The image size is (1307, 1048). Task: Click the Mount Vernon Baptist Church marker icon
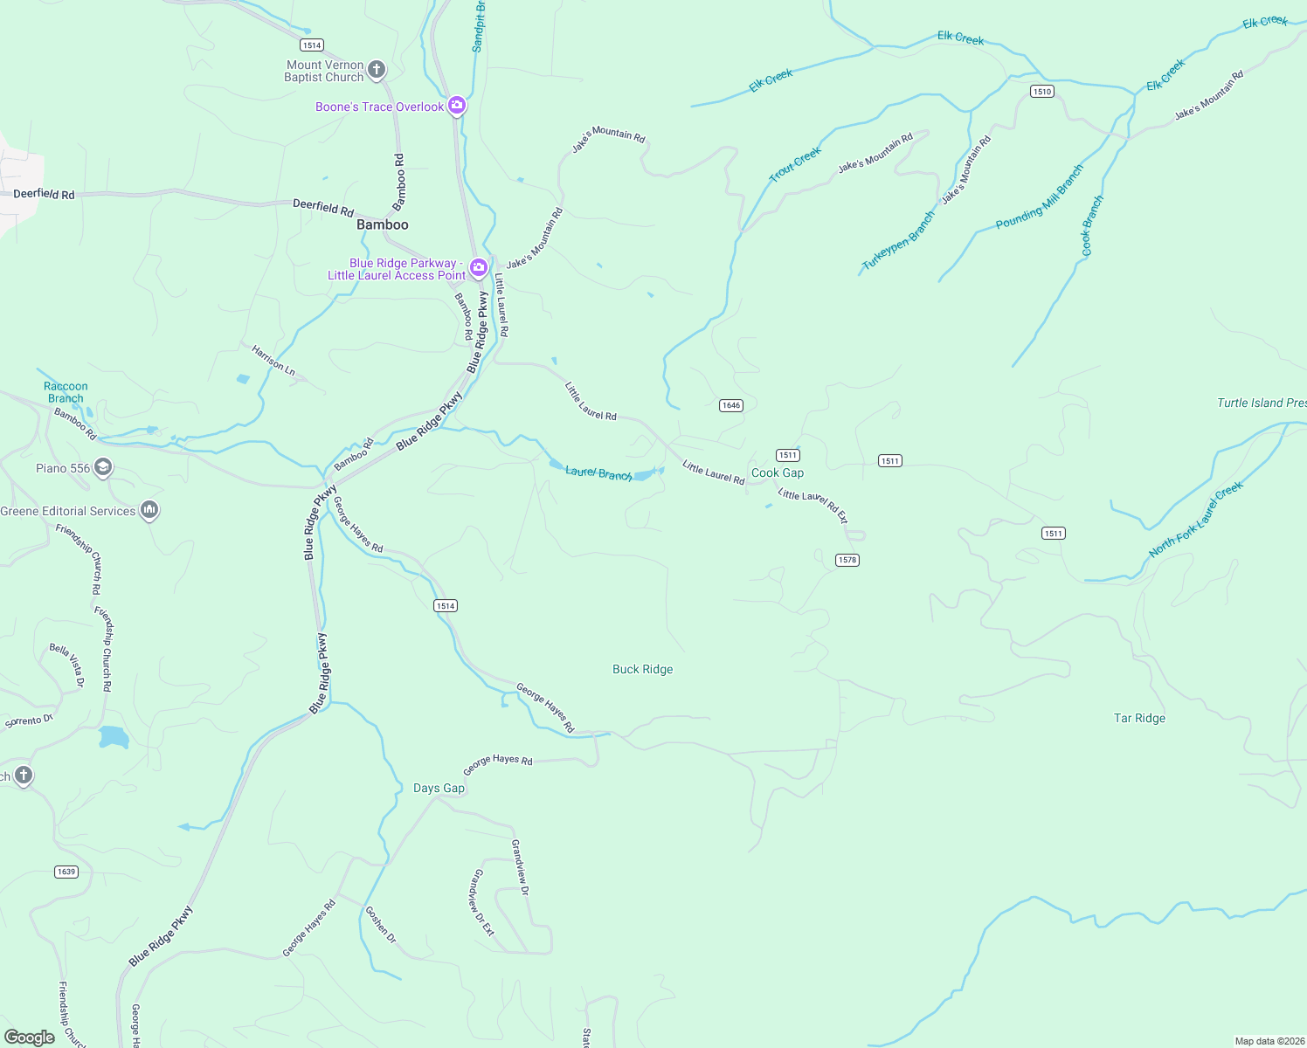[x=377, y=70]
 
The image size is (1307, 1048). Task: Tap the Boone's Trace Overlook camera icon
[x=456, y=106]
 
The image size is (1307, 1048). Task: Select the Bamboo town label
[x=383, y=224]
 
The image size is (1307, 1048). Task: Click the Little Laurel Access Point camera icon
[x=478, y=267]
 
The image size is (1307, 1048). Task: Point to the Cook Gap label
[x=778, y=472]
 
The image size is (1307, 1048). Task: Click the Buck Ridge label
[x=643, y=669]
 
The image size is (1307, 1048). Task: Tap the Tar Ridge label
[x=1139, y=718]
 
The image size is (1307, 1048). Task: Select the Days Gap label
[x=439, y=788]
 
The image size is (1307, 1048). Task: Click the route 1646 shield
[x=731, y=405]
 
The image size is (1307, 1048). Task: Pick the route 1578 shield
[x=847, y=560]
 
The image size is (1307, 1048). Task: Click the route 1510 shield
[x=1041, y=91]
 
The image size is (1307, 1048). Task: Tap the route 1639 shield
[x=66, y=872]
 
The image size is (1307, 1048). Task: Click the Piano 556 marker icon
[x=103, y=467]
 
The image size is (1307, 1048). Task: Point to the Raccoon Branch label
[x=66, y=392]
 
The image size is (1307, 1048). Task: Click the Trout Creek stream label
[x=795, y=164]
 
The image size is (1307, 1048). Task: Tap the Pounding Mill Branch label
[x=1039, y=197]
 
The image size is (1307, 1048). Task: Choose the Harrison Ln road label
[x=273, y=360]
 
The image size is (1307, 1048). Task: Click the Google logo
[x=30, y=1038]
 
